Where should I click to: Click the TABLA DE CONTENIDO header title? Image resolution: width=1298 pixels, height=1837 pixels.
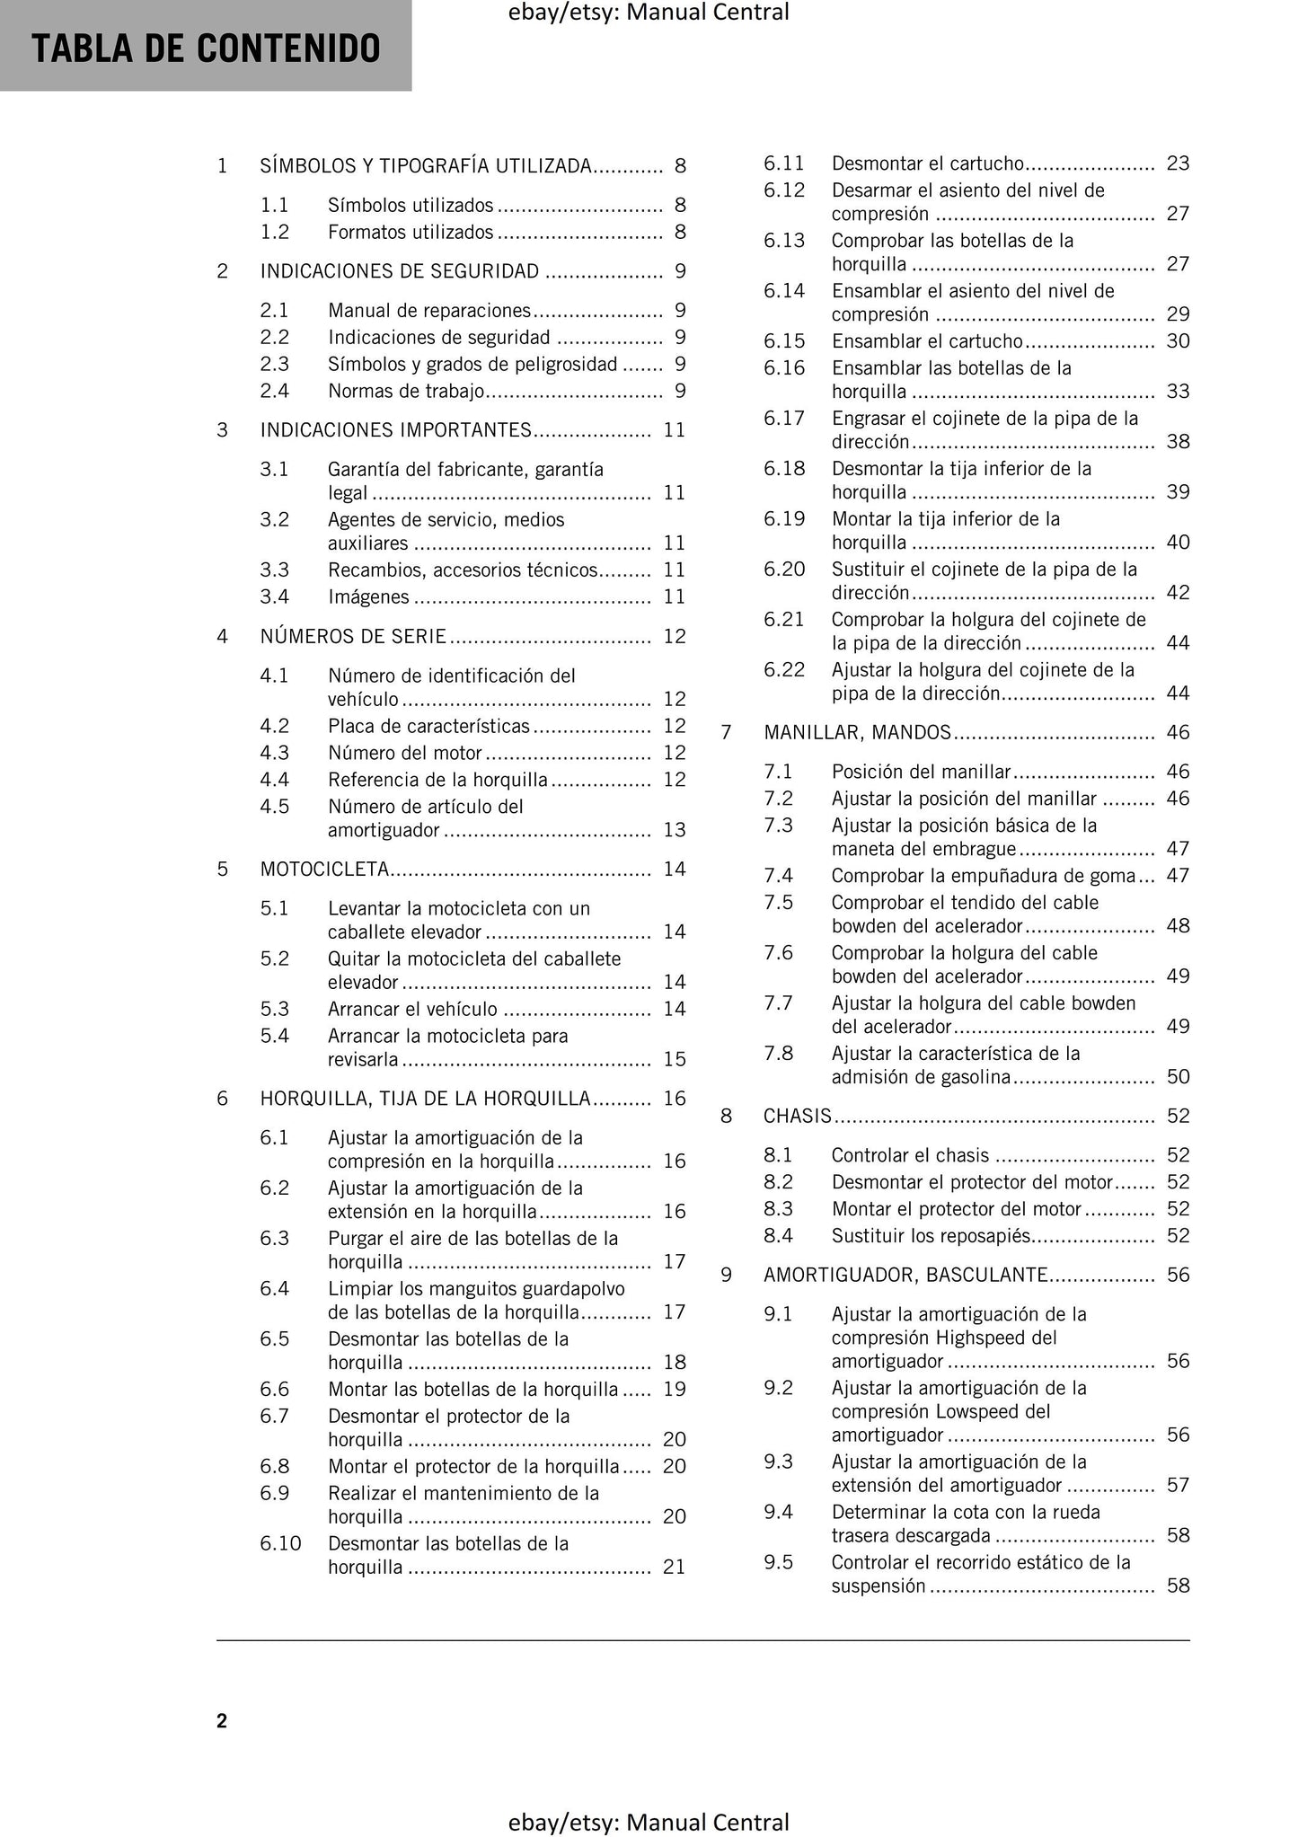click(206, 49)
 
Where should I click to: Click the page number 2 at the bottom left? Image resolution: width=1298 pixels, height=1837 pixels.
click(222, 1720)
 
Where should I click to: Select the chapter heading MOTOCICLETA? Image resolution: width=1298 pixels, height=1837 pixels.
click(324, 869)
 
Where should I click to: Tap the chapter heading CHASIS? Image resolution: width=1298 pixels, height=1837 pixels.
click(797, 1116)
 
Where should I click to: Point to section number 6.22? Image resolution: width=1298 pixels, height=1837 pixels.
click(784, 669)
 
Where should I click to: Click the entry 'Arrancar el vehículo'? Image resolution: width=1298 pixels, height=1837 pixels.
click(412, 1009)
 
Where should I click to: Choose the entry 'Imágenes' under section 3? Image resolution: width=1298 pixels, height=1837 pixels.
click(368, 596)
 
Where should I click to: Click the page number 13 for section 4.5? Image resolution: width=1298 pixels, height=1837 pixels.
click(674, 830)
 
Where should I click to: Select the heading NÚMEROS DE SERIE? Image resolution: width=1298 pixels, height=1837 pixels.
click(353, 636)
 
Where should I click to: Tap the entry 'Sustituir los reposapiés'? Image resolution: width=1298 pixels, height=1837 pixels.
click(931, 1235)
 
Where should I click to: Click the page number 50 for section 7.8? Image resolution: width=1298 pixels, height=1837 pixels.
click(1178, 1076)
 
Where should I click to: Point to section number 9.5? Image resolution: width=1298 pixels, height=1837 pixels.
click(778, 1562)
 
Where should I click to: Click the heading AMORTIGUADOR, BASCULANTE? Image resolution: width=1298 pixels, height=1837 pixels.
click(905, 1275)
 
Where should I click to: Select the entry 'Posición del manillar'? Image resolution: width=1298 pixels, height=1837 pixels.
click(921, 772)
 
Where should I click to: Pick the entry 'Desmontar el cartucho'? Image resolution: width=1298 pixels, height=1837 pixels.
click(927, 163)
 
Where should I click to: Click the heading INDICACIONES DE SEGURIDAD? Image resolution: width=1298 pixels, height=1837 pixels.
click(400, 271)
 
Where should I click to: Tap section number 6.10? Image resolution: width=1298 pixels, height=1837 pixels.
click(280, 1543)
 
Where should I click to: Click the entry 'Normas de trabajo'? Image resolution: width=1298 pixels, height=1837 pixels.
click(406, 391)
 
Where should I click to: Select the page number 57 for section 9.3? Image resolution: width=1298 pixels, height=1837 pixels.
click(1178, 1485)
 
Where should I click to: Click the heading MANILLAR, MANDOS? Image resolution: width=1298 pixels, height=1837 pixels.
click(857, 732)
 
